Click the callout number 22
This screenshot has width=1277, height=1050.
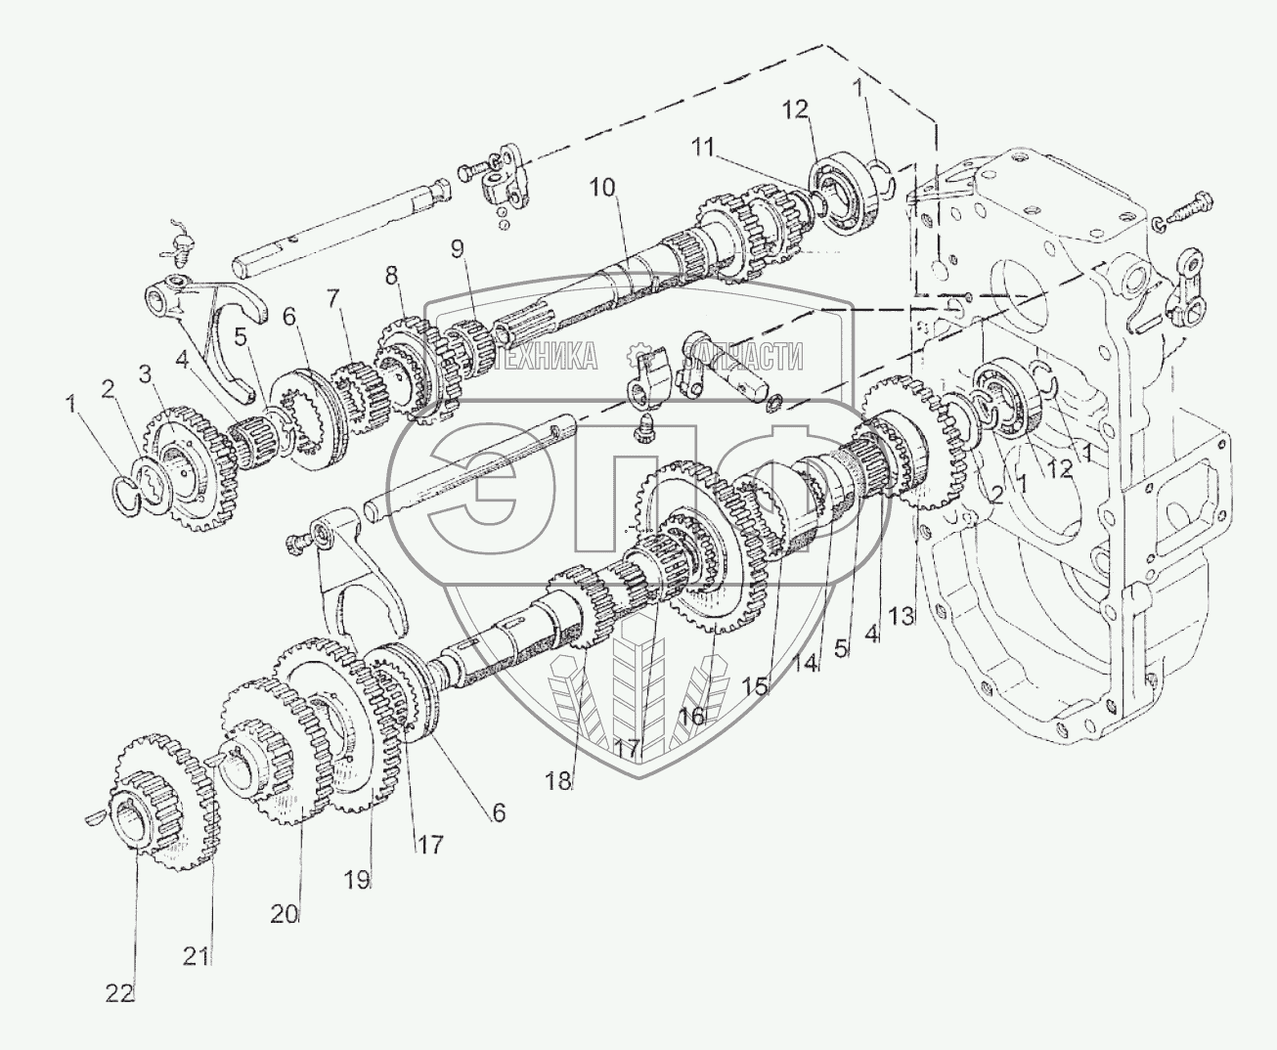[120, 992]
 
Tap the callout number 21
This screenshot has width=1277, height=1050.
[197, 956]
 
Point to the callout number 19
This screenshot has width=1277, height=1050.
[357, 879]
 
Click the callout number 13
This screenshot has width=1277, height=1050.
[903, 616]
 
